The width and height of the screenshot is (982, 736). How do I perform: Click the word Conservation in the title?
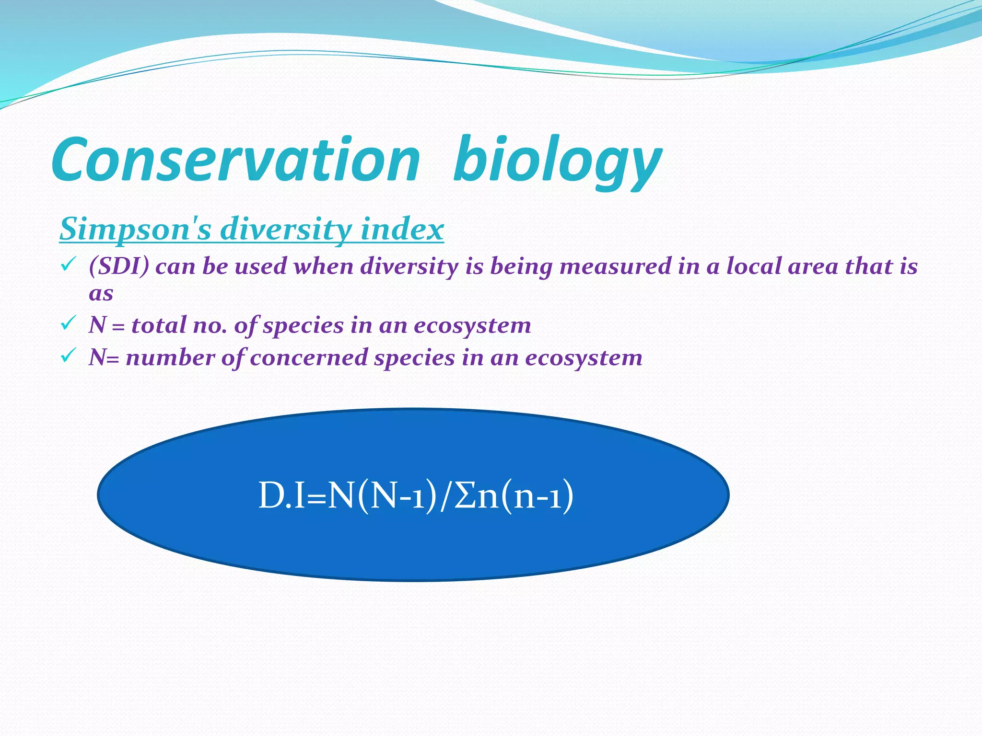click(235, 161)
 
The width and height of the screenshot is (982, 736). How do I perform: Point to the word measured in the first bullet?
click(615, 266)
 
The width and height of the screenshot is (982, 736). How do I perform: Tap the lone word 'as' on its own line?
click(101, 293)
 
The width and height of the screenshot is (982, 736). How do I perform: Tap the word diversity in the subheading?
click(287, 229)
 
